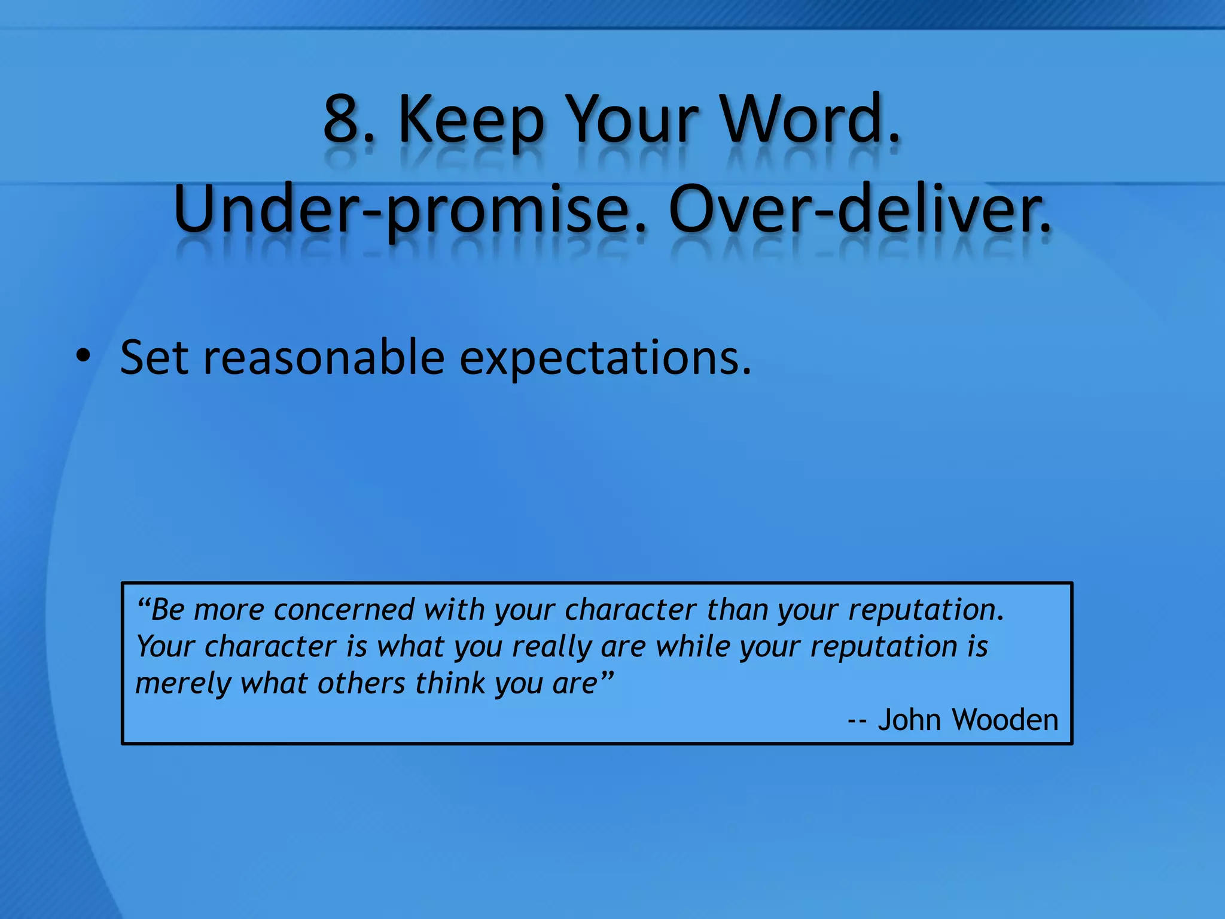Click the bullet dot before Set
[83, 357]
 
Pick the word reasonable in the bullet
[324, 357]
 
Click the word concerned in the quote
[344, 610]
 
